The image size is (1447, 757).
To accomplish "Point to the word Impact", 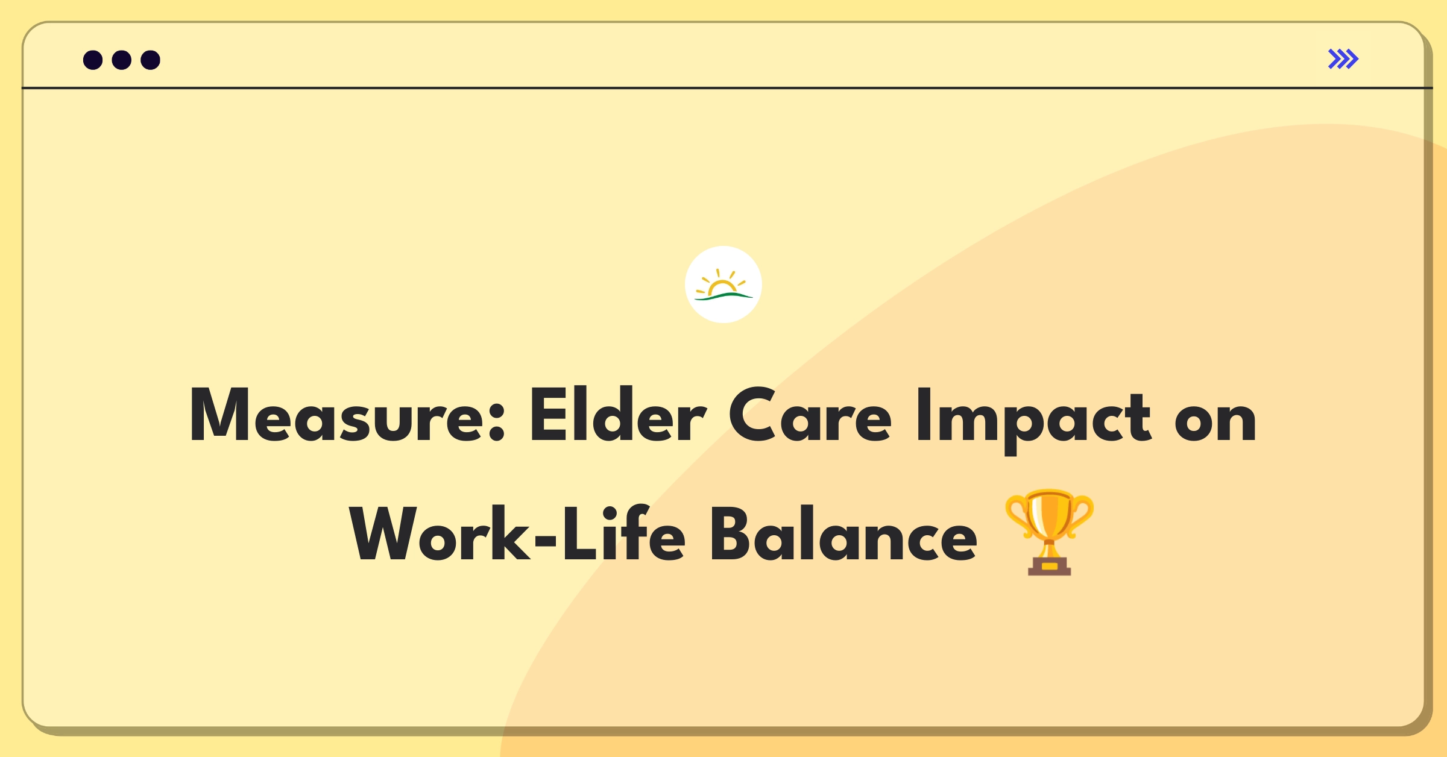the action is point(1033,420).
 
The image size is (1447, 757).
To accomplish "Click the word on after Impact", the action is point(1215,421).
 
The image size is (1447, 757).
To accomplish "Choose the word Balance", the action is point(843,534).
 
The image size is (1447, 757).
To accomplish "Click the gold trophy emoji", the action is point(1049,532).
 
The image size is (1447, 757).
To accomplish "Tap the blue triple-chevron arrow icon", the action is point(1343,59).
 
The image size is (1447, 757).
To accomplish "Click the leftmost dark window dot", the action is point(93,60).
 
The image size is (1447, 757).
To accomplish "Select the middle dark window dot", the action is point(122,60).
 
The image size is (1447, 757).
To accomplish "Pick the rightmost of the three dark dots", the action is point(150,60).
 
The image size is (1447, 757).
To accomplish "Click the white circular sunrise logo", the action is point(723,284).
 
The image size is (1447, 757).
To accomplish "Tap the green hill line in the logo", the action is point(723,296).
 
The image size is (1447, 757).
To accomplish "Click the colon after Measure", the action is point(496,421).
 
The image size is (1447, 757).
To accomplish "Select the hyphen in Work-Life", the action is point(546,537).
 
